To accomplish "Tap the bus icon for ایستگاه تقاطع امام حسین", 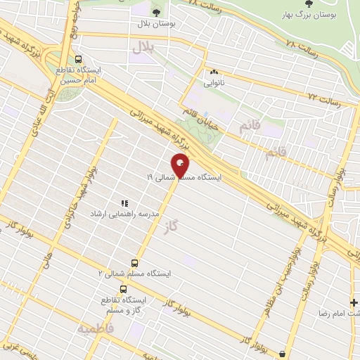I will tap(78, 60).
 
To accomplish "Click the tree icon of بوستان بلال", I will tap(156, 12).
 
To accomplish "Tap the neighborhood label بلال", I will tap(142, 47).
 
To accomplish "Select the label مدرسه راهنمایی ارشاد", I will tap(124, 212).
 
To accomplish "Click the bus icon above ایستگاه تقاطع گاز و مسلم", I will tap(124, 288).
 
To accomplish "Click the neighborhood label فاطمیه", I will tap(96, 328).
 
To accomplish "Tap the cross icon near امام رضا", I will tap(353, 302).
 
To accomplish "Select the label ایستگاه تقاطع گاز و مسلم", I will tap(124, 303).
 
